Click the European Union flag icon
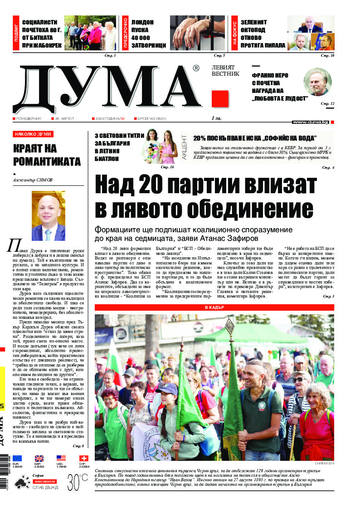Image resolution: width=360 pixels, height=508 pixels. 17,459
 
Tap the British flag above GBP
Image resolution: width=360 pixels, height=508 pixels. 39,459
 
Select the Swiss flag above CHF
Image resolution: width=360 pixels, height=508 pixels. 83,459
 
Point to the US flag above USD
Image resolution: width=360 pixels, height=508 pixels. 61,459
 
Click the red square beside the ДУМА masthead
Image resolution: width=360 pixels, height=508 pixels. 220,98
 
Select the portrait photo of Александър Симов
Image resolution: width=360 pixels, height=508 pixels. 49,215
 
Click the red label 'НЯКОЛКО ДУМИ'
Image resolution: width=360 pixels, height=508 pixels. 33,134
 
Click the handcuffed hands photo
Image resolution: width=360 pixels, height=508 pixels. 198,33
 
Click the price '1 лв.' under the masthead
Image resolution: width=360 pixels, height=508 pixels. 216,118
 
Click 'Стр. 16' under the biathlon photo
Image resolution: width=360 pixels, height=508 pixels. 167,167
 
